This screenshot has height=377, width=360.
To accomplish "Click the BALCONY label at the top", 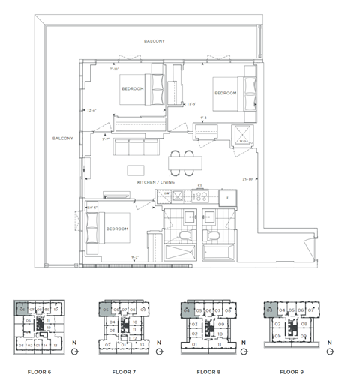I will [x=154, y=41].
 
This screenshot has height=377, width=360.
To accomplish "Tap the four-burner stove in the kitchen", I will [x=199, y=196].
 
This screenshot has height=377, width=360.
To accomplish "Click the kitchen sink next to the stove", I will [x=179, y=196].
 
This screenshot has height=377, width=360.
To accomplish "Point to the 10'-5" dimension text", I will [x=94, y=207].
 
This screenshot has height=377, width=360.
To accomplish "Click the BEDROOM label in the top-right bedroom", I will [x=225, y=93].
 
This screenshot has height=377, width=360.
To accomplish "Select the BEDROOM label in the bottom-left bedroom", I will [x=116, y=228].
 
